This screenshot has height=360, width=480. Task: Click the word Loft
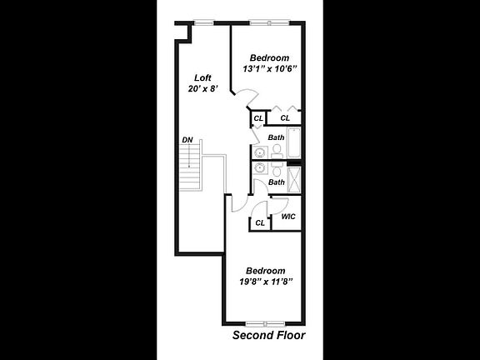[x=203, y=77]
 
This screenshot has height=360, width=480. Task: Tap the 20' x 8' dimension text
[x=203, y=89]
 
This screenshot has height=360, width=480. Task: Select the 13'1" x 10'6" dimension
[x=270, y=69]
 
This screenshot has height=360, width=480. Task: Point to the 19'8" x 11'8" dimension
[x=266, y=282]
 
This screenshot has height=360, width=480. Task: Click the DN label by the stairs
[x=187, y=140]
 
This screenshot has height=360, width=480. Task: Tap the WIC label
[x=288, y=217]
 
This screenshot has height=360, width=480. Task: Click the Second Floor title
[x=269, y=335]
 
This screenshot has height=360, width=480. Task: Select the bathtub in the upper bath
[x=294, y=142]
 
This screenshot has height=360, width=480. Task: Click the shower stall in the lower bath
[x=294, y=179]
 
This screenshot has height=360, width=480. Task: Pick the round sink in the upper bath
[x=261, y=152]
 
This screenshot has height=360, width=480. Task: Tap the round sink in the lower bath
[x=261, y=167]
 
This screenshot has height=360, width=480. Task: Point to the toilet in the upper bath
[x=277, y=151]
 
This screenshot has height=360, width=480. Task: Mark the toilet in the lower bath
[x=277, y=169]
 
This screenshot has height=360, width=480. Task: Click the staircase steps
[x=190, y=167]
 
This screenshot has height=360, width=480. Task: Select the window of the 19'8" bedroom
[x=266, y=323]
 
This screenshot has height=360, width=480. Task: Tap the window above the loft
[x=204, y=22]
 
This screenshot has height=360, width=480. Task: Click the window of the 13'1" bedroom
[x=269, y=22]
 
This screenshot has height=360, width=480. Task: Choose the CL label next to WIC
[x=260, y=222]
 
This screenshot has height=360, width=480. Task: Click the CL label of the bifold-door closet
[x=285, y=117]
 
